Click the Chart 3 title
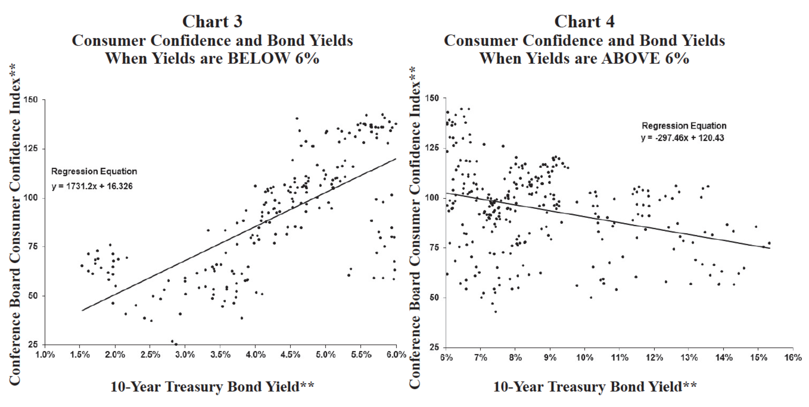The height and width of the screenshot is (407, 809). pos(212,22)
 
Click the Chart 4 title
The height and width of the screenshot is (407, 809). pos(584,22)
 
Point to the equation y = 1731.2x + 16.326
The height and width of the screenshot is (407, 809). pos(92,187)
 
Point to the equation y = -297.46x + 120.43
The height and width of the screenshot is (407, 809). pos(682,138)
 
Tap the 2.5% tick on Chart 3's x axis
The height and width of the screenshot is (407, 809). pos(150,355)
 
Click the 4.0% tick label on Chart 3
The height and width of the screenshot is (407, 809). pos(255,355)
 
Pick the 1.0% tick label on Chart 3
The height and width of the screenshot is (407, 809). pos(45,355)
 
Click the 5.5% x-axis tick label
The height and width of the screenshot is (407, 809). pos(361,355)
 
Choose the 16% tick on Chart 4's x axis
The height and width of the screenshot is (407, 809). pos(793,357)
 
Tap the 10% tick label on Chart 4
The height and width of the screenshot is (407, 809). pos(584,357)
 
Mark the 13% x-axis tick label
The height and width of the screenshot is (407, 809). pos(689,357)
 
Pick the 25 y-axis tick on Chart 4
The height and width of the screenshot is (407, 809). pos(435,347)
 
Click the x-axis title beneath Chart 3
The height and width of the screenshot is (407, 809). pos(212,386)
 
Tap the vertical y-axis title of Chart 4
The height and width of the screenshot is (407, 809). pos(415,227)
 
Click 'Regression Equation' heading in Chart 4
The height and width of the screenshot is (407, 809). pos(684,126)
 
